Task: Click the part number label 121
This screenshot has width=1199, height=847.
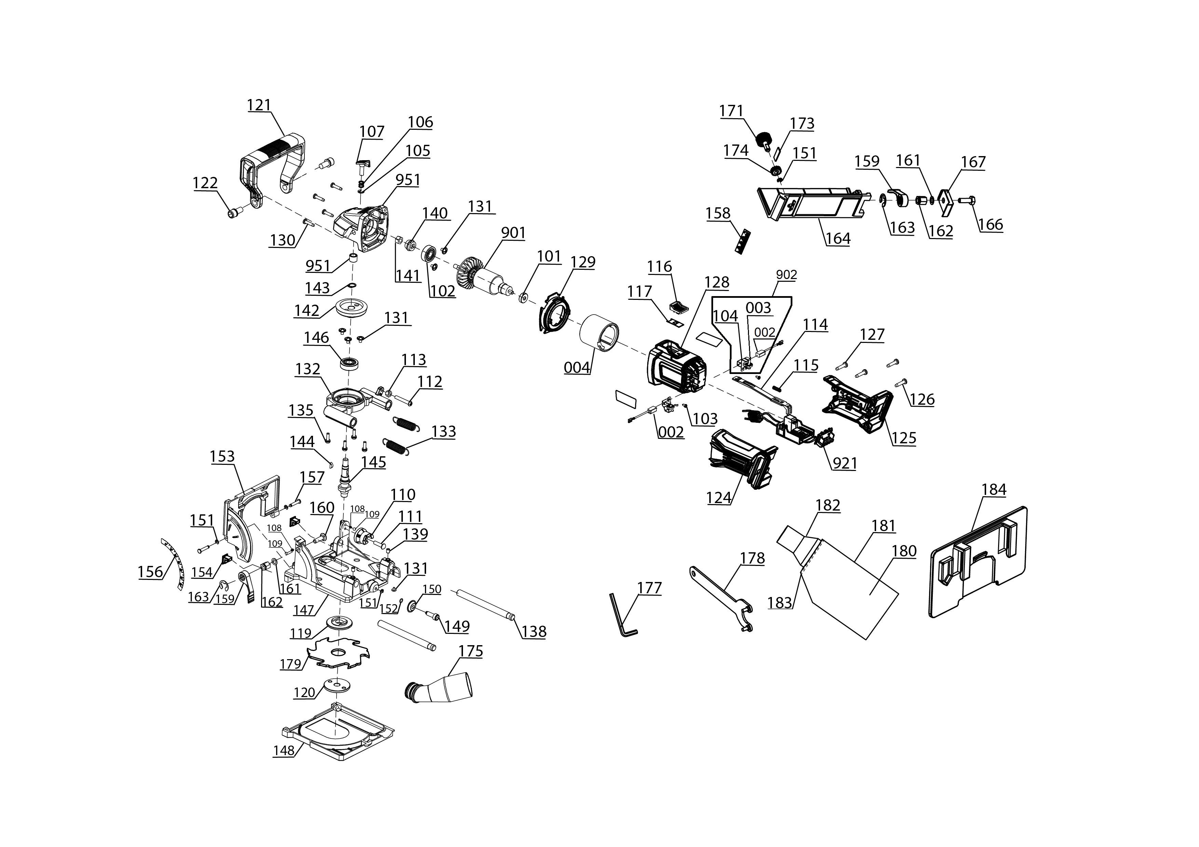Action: tap(259, 105)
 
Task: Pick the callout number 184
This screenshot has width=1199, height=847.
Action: tap(994, 489)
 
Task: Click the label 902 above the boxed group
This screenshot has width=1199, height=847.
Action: tap(787, 275)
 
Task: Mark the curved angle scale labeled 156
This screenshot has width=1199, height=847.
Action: tap(174, 563)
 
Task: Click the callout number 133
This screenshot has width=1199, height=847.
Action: tap(444, 432)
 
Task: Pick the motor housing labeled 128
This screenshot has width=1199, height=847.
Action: tap(677, 372)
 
